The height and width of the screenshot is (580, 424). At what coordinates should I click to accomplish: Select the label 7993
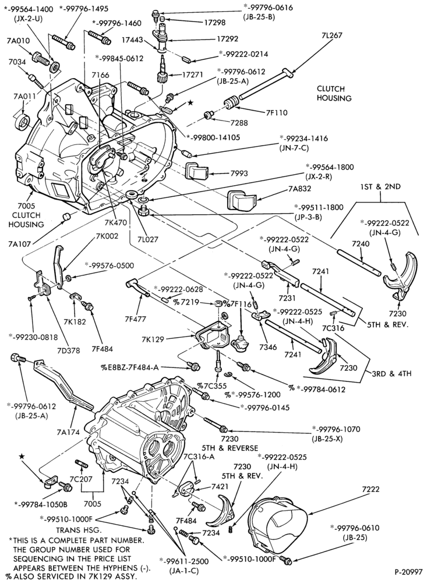[239, 173]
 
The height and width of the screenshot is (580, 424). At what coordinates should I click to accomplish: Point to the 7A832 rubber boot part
[240, 200]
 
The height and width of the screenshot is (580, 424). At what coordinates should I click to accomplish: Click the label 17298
[214, 23]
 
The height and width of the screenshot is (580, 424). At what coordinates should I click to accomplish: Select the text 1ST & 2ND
[381, 187]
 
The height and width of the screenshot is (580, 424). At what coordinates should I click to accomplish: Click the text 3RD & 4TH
[392, 373]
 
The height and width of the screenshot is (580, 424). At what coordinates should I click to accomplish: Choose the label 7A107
[19, 243]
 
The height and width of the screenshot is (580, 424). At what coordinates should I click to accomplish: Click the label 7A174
[69, 432]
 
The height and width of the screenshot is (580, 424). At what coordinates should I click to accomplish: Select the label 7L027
[147, 239]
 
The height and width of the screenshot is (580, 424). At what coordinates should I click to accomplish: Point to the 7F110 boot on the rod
[231, 102]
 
